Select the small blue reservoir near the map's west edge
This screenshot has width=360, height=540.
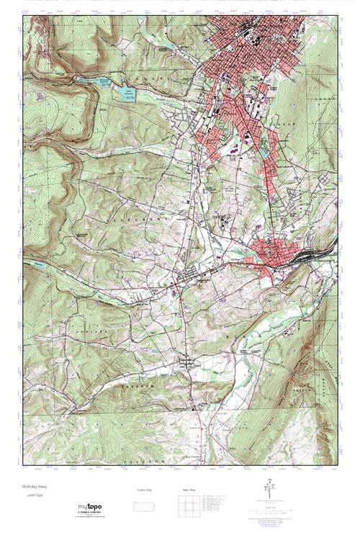[x=32, y=264]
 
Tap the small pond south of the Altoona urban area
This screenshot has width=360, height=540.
[x=264, y=153]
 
